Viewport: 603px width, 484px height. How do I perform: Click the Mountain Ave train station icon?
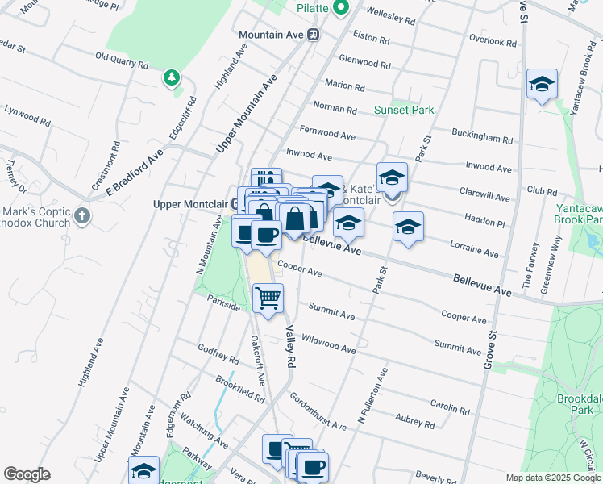click(x=314, y=35)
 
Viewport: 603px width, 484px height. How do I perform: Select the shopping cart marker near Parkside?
click(x=268, y=298)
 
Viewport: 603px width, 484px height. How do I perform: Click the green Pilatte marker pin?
click(x=341, y=8)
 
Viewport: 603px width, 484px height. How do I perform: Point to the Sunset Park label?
click(x=404, y=110)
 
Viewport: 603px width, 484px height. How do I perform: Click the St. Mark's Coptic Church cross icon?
click(x=83, y=216)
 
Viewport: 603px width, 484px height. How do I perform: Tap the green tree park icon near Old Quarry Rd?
click(x=170, y=77)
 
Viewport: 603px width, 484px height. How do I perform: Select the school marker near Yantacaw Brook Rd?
click(x=543, y=84)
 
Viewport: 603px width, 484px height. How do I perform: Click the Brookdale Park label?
click(x=580, y=404)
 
